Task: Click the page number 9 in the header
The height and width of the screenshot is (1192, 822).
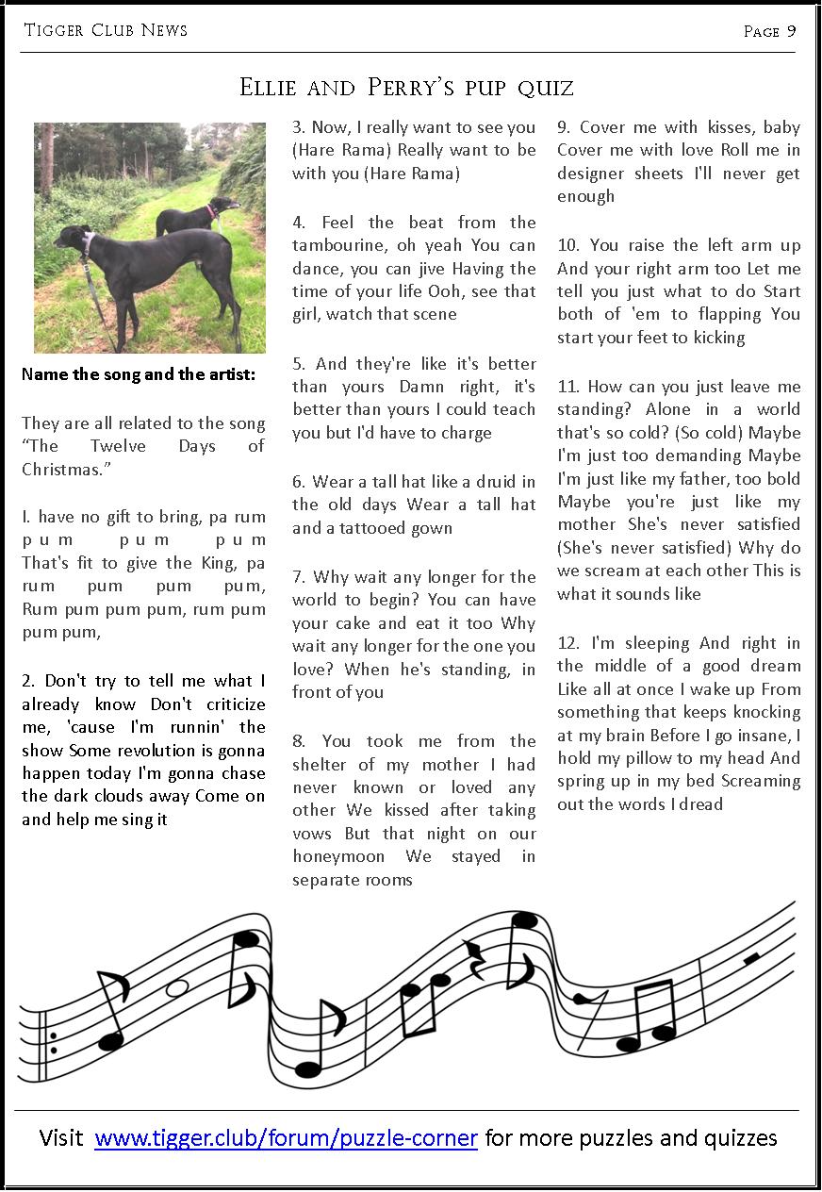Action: coord(791,31)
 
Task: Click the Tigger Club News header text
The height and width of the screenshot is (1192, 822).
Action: coord(106,30)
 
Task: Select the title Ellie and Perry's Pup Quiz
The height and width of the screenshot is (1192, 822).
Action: coord(406,89)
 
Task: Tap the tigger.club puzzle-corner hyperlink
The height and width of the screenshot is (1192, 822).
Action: coord(286,1138)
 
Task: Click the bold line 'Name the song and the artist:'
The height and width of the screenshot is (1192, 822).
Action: coord(138,374)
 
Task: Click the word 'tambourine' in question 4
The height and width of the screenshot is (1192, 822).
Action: coord(334,245)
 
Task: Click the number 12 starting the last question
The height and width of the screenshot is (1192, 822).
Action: coord(568,643)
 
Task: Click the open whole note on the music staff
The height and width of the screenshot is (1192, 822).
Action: coord(176,987)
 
